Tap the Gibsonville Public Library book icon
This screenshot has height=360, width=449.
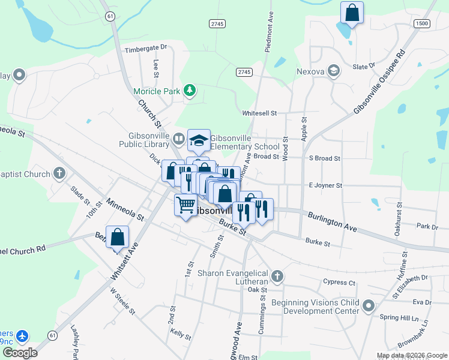click(178, 139)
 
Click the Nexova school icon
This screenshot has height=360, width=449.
click(333, 72)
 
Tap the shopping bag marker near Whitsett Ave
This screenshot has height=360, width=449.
click(118, 238)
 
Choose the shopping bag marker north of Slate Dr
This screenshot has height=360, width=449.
click(352, 13)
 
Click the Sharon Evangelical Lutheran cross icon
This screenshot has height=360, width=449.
click(277, 277)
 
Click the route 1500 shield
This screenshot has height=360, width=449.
click(422, 23)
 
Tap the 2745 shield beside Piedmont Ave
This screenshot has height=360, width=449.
click(244, 72)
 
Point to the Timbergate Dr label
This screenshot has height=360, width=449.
click(145, 48)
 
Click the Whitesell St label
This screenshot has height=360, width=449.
click(259, 113)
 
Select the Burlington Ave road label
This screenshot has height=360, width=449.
click(332, 221)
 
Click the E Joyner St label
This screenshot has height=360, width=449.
click(325, 186)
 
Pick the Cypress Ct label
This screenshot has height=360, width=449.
click(339, 282)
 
